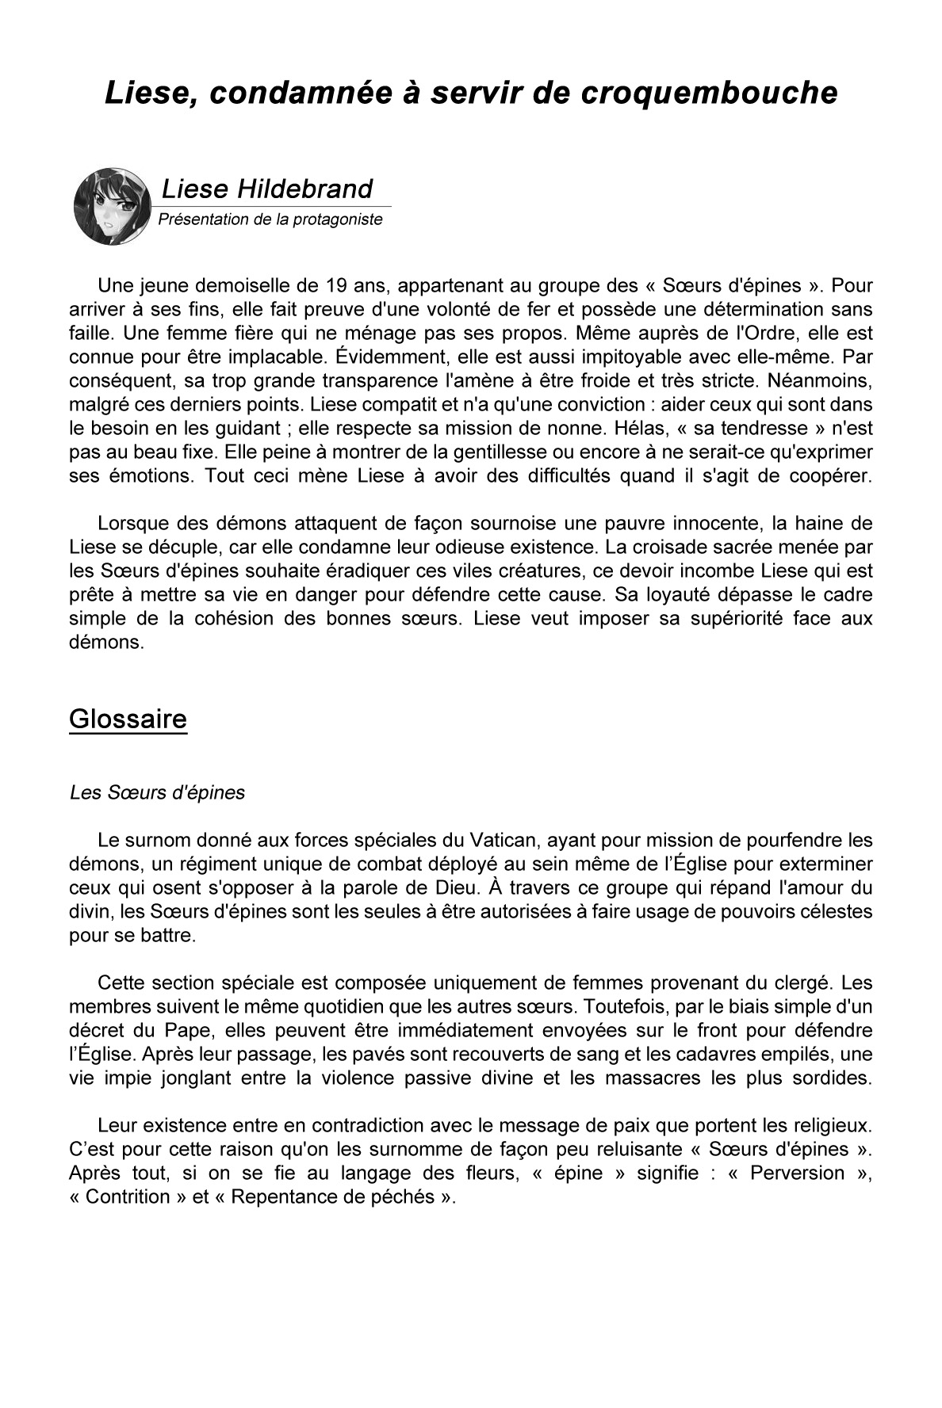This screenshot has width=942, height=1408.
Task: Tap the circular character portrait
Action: [113, 206]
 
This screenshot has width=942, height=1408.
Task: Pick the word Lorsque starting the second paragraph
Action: [133, 524]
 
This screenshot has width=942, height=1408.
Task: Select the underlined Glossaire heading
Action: [128, 719]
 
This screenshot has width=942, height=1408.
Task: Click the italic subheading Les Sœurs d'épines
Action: [157, 792]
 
